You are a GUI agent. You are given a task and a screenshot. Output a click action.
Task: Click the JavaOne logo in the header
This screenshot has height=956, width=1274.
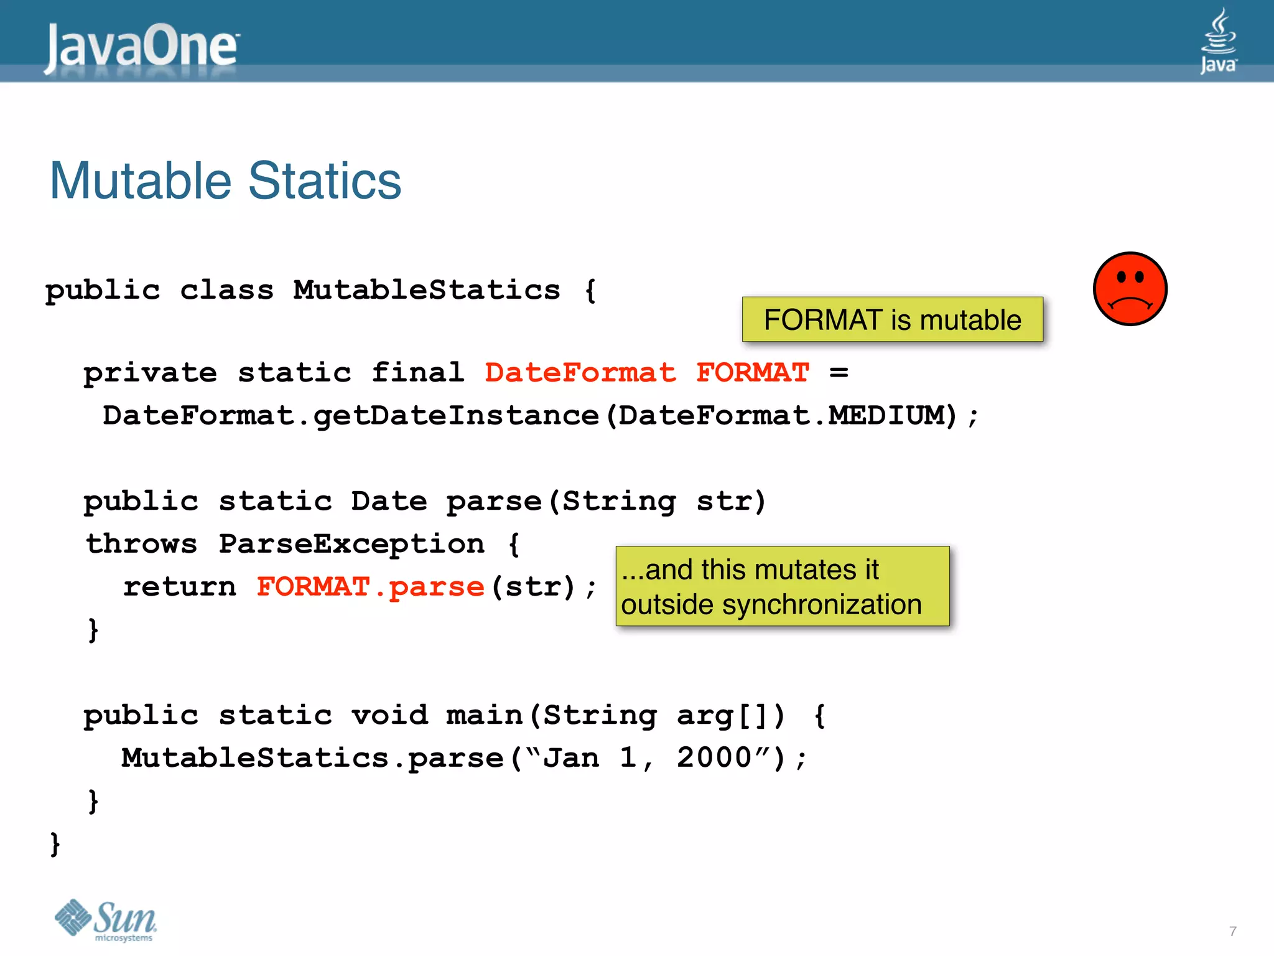(141, 47)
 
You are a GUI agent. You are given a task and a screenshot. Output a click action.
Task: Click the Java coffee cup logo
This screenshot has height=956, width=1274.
(1218, 41)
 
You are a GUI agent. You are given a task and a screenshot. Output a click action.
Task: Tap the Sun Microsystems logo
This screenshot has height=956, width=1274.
(106, 920)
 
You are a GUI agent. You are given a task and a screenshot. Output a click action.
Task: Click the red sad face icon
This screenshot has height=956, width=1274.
(1130, 289)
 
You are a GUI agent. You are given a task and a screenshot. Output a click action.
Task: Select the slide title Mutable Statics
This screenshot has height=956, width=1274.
(225, 181)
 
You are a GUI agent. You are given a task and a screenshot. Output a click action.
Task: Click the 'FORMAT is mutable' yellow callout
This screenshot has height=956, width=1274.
(892, 320)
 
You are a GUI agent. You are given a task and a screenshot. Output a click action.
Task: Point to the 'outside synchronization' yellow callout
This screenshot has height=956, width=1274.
(782, 587)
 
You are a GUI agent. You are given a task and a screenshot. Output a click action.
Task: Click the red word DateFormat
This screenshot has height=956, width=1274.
(580, 373)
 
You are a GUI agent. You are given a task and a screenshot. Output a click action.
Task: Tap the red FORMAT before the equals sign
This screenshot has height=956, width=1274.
(753, 373)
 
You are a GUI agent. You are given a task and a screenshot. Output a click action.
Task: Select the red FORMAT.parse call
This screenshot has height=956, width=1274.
(370, 587)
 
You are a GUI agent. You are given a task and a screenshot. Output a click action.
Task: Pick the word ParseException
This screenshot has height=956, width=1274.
(351, 544)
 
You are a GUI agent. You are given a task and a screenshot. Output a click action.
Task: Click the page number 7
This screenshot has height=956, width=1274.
(1232, 932)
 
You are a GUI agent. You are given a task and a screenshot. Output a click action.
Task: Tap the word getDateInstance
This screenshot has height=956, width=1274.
(456, 416)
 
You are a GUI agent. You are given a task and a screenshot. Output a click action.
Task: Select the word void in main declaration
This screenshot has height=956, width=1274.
(389, 715)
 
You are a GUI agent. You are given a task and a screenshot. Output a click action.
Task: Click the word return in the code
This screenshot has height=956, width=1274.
(180, 587)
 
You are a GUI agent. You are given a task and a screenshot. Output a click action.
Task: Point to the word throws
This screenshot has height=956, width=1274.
(142, 544)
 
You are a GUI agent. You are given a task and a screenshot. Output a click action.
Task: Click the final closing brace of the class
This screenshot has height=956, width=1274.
(55, 844)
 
